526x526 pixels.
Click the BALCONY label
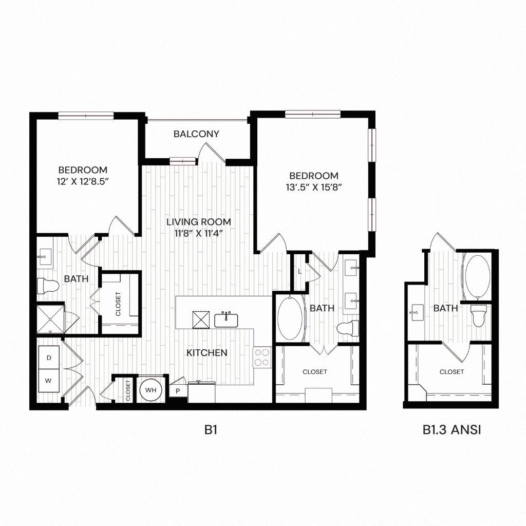pos(196,134)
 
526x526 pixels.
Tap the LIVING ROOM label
pos(198,222)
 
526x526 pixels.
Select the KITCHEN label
pos(206,353)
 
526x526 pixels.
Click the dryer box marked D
pos(49,356)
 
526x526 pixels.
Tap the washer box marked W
pos(49,381)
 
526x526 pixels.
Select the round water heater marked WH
pos(151,390)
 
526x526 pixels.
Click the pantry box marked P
pos(178,391)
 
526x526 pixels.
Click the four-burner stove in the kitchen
pos(261,357)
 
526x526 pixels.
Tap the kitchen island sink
pos(226,320)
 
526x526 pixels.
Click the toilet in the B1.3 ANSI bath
pos(479,315)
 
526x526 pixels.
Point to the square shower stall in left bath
pos(50,320)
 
